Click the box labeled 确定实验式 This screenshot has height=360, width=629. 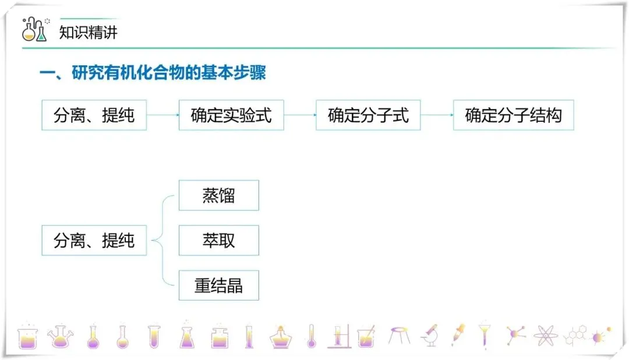pos(231,115)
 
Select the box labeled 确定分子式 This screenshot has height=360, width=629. pos(368,115)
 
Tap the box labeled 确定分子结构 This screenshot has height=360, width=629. pos(513,115)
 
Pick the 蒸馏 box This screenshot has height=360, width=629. pos(218,195)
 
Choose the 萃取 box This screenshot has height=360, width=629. pos(218,240)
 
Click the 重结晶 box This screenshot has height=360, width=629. pos(218,285)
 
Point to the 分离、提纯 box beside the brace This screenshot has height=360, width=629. pos(94,240)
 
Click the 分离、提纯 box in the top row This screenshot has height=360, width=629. pos(94,115)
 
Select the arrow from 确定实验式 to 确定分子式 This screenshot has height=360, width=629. pos(300,115)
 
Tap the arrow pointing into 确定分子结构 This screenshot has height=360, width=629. pos(437,115)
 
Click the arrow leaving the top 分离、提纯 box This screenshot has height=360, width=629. pos(162,115)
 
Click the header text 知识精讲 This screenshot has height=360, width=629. pos(89,32)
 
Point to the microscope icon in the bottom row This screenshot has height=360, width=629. pos(430,336)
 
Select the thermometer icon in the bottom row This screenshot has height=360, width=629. pos(311,336)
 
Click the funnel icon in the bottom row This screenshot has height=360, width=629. pos(484,335)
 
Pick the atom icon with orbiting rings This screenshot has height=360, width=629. pos(545,336)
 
